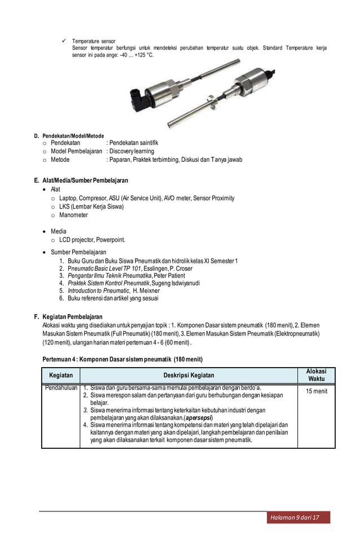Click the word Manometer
(73, 215)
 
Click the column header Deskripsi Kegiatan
(188, 375)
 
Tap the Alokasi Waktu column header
(316, 375)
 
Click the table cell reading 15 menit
(316, 391)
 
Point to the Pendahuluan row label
(60, 388)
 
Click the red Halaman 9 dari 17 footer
(298, 517)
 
